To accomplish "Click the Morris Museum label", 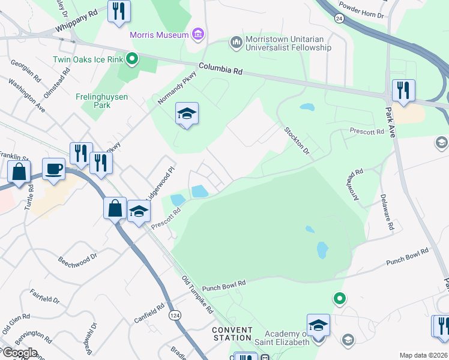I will pyautogui.click(x=160, y=34).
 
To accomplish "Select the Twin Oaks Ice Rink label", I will pyautogui.click(x=87, y=59).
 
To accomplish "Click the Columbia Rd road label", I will pyautogui.click(x=220, y=69).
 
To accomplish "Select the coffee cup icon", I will pyautogui.click(x=54, y=169).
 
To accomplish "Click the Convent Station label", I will pyautogui.click(x=232, y=334).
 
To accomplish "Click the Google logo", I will pyautogui.click(x=20, y=353).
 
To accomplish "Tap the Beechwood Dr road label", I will pyautogui.click(x=77, y=259).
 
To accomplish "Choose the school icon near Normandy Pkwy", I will pyautogui.click(x=187, y=113).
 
